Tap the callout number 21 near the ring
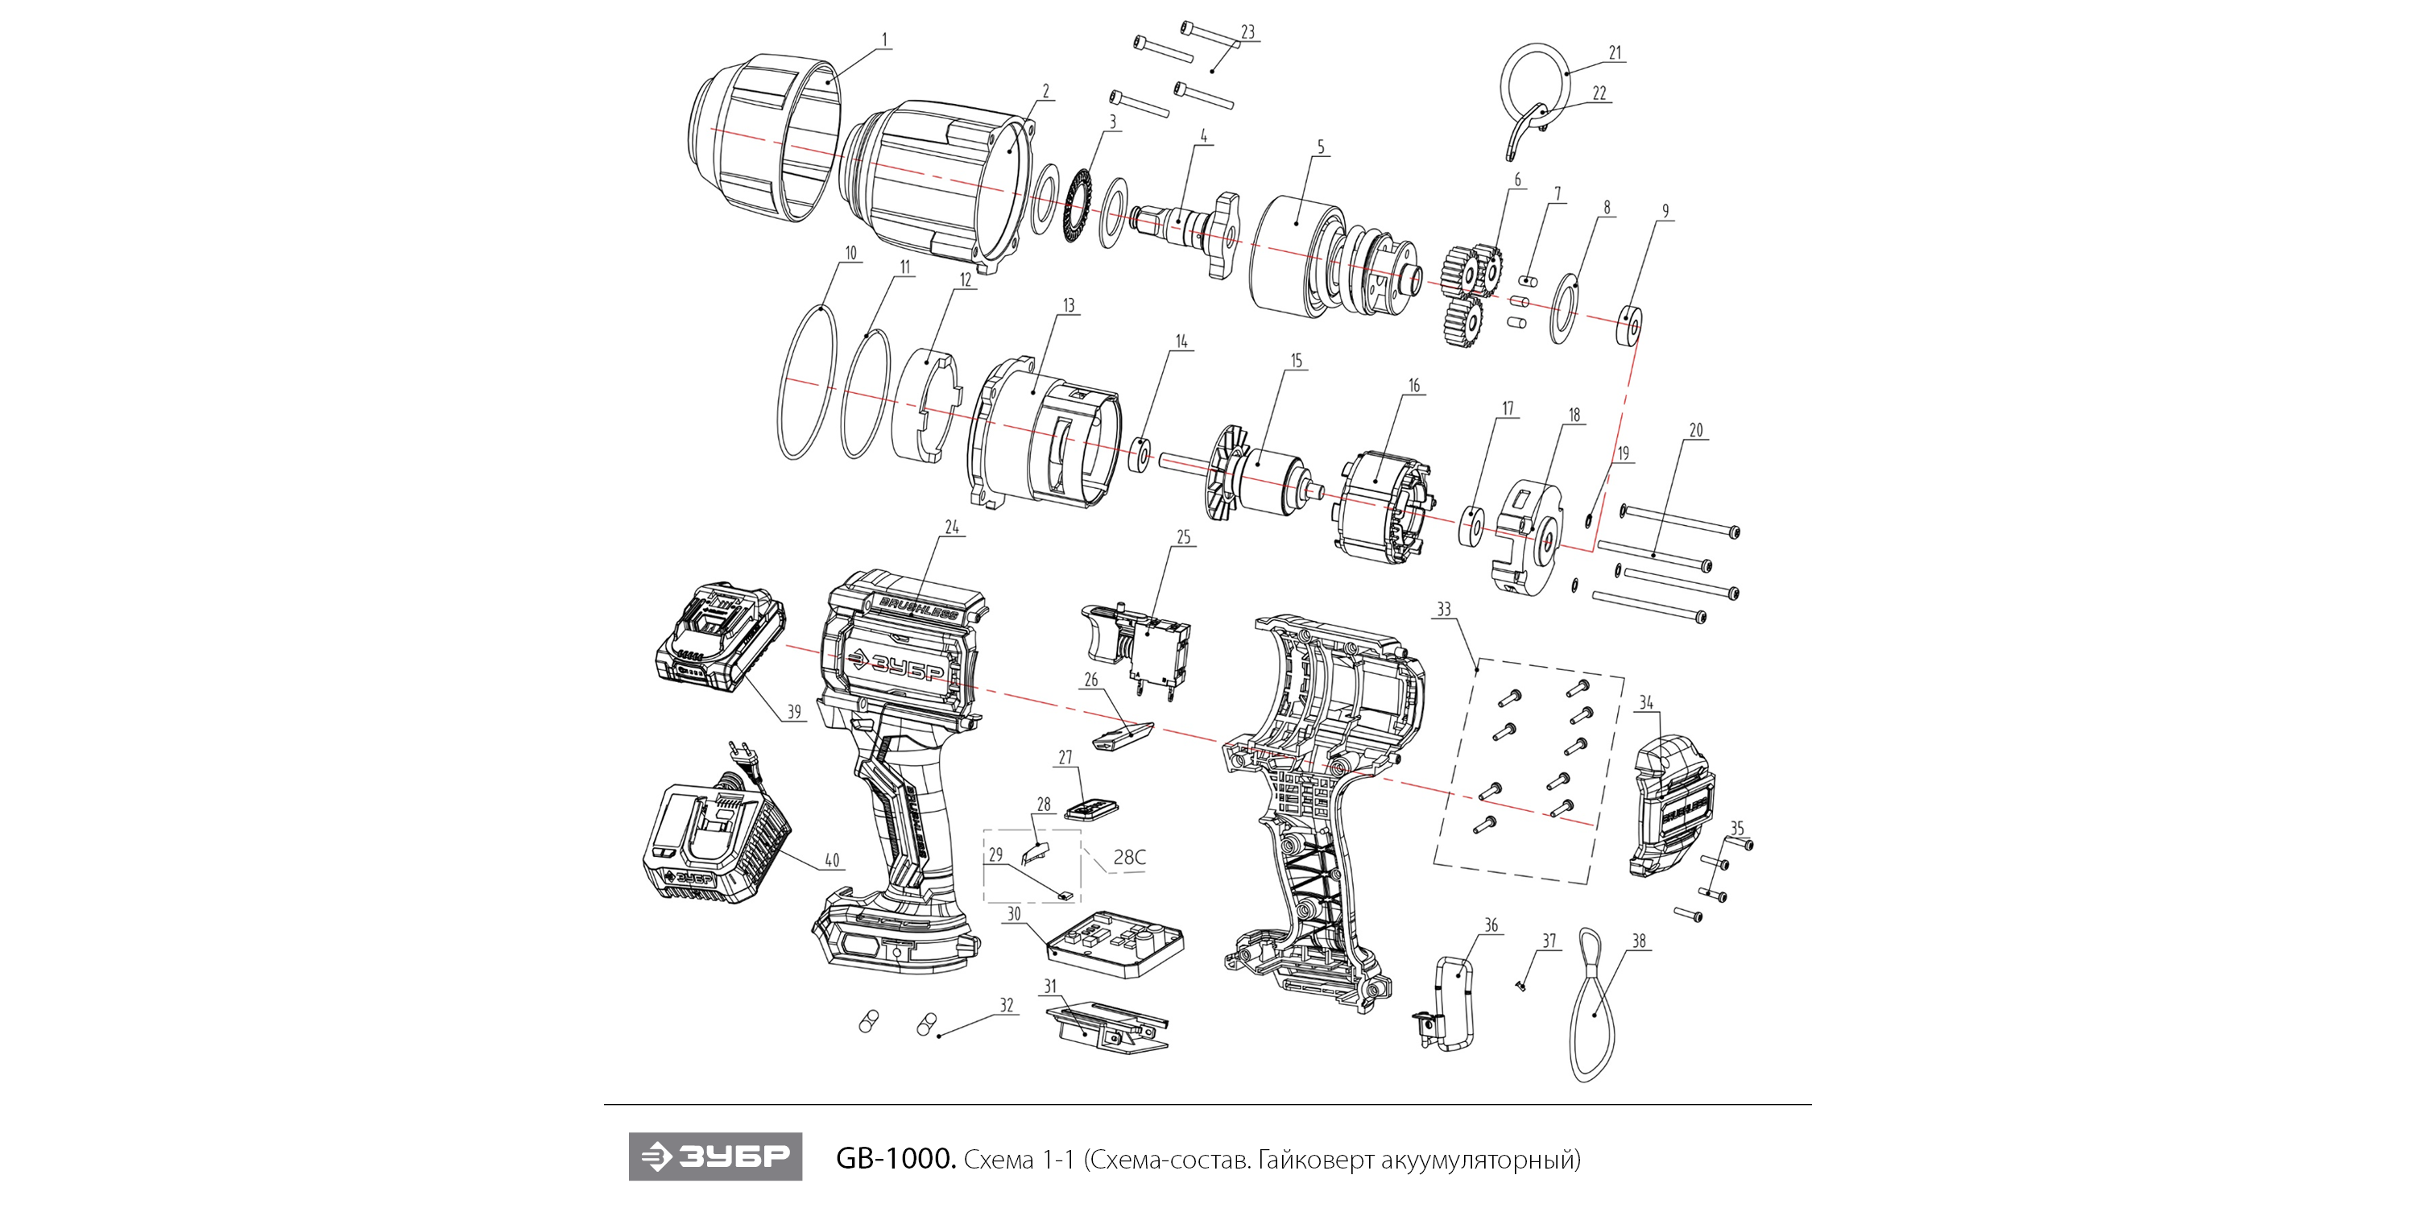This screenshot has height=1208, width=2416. [1615, 53]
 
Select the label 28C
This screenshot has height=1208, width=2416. [1129, 857]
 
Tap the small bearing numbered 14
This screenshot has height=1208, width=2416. [1140, 454]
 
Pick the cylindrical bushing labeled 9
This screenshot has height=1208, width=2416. [1630, 326]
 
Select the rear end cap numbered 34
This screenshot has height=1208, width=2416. [1672, 808]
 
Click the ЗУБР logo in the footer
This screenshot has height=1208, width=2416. [714, 1157]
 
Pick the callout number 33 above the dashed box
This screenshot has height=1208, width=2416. [1443, 610]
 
